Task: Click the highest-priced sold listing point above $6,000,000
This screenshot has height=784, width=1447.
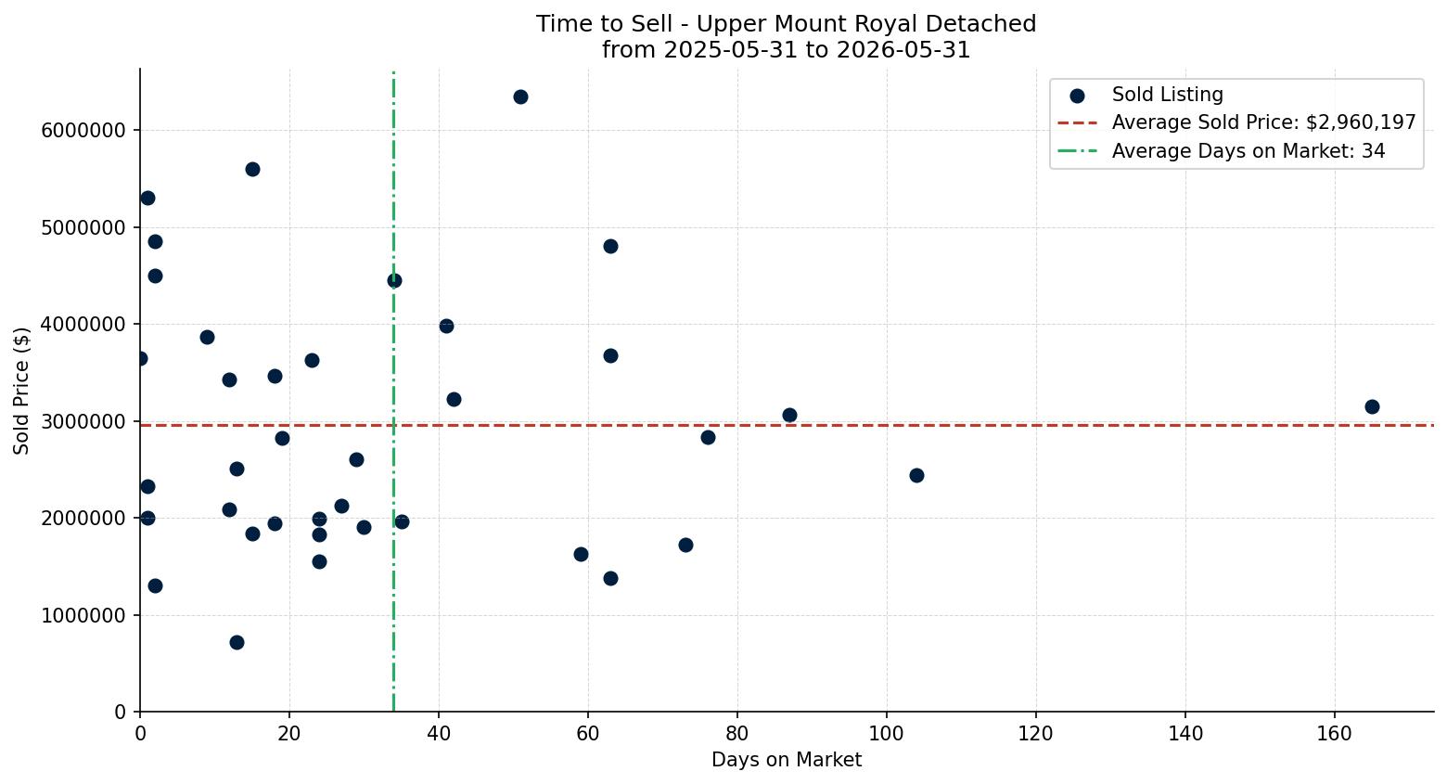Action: pos(520,96)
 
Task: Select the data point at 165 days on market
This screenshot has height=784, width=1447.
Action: pos(1372,406)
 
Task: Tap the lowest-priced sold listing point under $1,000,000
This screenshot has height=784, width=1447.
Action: pos(237,642)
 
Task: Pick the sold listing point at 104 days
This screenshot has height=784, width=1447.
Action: pos(916,476)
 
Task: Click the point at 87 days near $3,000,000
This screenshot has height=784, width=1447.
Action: pos(789,415)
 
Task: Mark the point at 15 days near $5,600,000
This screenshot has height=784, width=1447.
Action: pos(252,170)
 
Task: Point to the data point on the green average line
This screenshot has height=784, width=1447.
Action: pos(394,280)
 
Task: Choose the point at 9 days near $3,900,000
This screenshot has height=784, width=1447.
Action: pos(208,338)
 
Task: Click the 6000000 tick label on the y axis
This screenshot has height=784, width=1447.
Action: pos(83,131)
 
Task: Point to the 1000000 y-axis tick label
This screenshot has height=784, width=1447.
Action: pos(83,615)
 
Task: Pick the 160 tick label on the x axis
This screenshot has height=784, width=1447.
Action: pos(1335,734)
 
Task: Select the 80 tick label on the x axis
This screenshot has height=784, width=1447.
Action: pos(737,734)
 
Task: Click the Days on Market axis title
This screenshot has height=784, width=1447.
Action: pos(787,760)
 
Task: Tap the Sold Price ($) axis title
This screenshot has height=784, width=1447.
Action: pos(21,391)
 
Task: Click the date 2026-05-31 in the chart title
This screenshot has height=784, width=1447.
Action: pos(903,50)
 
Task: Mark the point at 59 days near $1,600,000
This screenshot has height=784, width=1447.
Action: pos(581,555)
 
